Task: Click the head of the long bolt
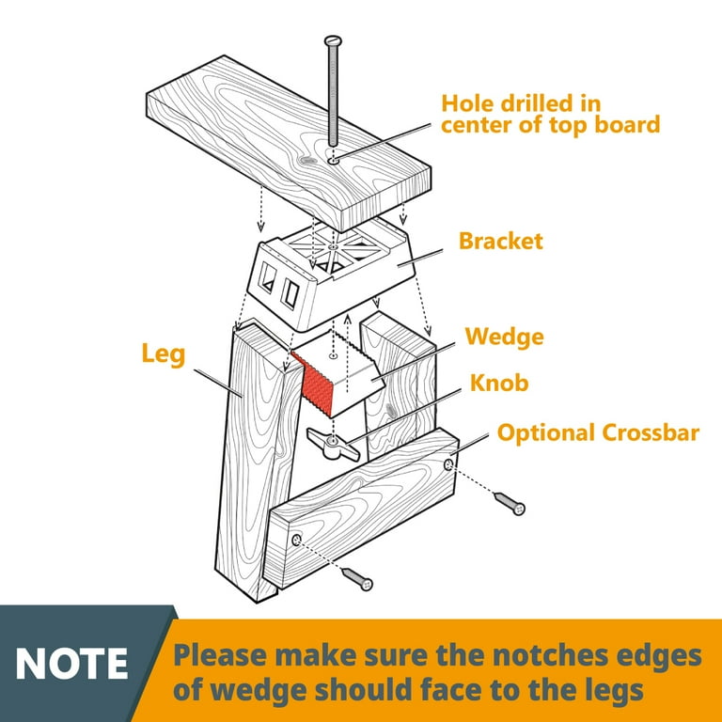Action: pyautogui.click(x=333, y=40)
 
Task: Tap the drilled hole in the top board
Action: pyautogui.click(x=334, y=161)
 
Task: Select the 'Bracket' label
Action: pyautogui.click(x=501, y=242)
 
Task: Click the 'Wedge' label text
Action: pyautogui.click(x=505, y=337)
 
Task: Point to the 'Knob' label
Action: pyautogui.click(x=499, y=383)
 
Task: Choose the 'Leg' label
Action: pyautogui.click(x=164, y=354)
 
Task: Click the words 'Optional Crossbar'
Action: pyautogui.click(x=598, y=432)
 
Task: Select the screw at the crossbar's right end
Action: pyautogui.click(x=510, y=503)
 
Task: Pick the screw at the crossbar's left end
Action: pyautogui.click(x=357, y=579)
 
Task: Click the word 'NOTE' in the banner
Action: pyautogui.click(x=71, y=664)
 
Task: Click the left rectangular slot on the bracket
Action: pyautogui.click(x=267, y=277)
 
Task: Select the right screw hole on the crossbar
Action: pyautogui.click(x=448, y=464)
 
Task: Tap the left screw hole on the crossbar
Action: pyautogui.click(x=296, y=540)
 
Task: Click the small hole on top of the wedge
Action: pyautogui.click(x=334, y=356)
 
